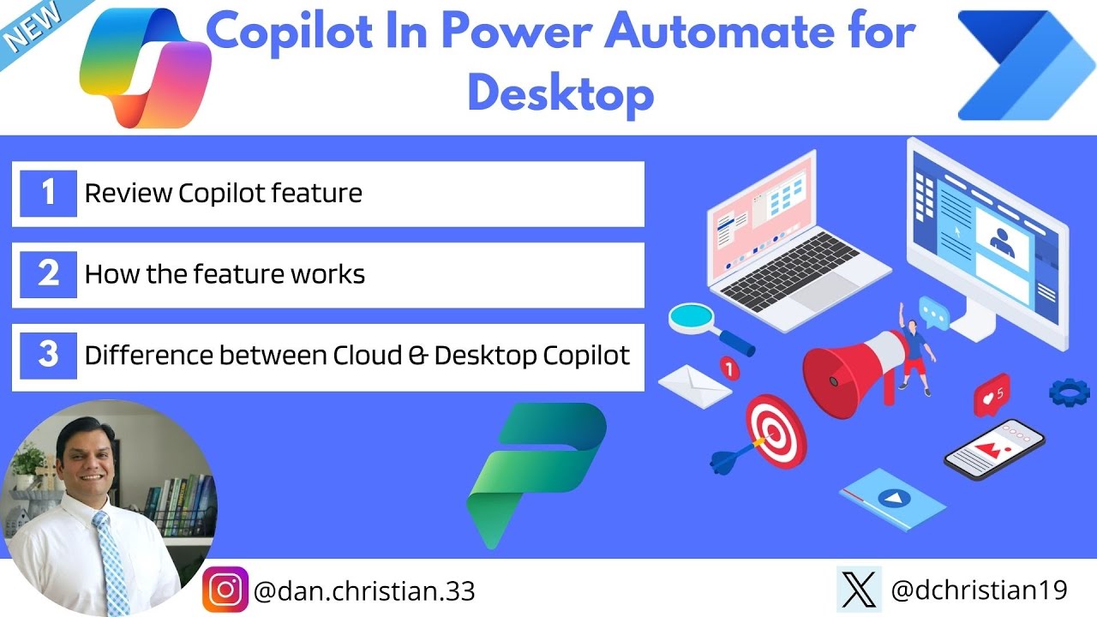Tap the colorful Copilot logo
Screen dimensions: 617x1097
(x=145, y=69)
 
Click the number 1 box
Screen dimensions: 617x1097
(x=48, y=193)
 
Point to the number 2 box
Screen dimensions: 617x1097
(x=48, y=274)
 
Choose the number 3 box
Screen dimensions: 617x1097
(x=48, y=356)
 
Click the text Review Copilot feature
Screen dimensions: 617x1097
(x=223, y=194)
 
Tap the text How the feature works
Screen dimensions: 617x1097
(x=225, y=275)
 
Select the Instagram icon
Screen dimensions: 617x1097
(x=225, y=590)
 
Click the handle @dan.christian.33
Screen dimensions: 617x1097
(x=364, y=590)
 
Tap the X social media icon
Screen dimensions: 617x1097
(x=859, y=590)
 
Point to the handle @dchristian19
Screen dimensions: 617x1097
(x=980, y=590)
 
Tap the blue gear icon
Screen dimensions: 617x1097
(x=1069, y=392)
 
